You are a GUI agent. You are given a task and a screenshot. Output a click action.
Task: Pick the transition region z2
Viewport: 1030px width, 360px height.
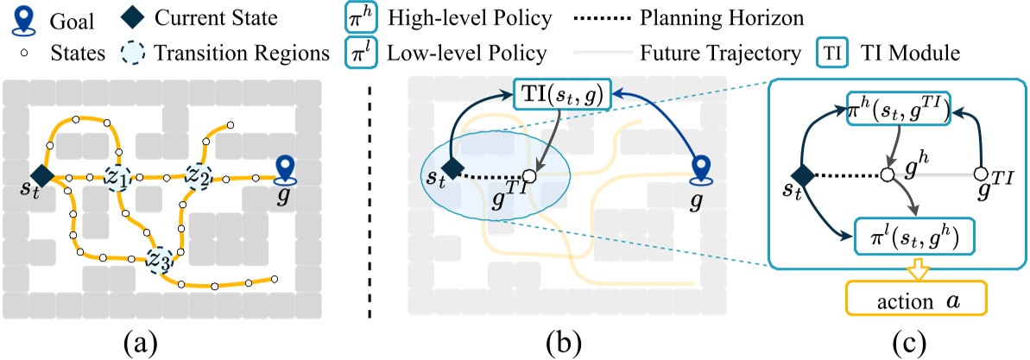tap(200, 176)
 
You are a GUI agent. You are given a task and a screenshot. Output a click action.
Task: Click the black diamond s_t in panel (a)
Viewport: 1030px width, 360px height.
tap(42, 176)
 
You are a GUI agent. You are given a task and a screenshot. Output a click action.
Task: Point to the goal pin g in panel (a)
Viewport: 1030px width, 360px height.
tap(288, 169)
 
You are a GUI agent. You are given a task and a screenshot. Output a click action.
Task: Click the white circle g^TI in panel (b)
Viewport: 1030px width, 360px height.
tap(530, 175)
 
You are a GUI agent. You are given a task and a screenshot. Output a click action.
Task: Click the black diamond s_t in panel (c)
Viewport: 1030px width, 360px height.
tap(805, 174)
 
